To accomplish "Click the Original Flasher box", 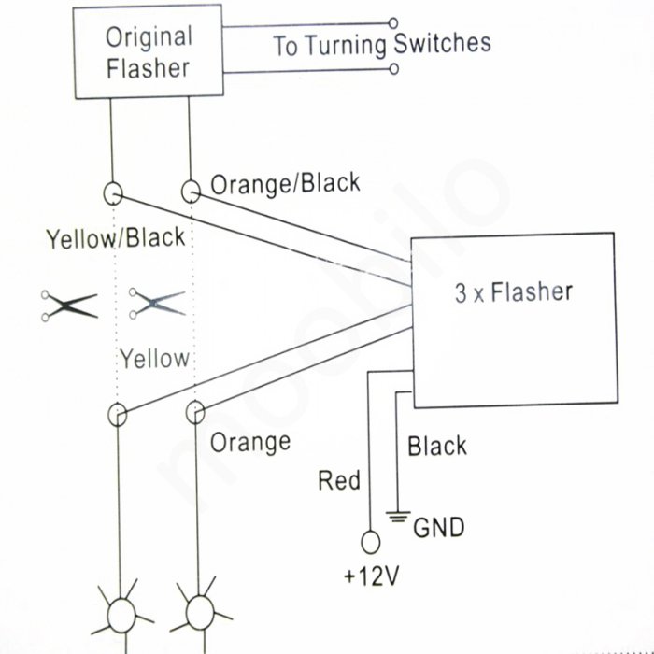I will click(149, 53).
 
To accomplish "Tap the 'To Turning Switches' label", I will click(381, 44).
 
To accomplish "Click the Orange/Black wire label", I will click(284, 183).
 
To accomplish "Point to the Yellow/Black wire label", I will click(115, 237).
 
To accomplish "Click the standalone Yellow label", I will click(154, 358).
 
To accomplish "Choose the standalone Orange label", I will click(249, 441).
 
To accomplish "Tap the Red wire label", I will click(338, 481).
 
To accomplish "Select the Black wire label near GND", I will click(436, 447).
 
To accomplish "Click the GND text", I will click(438, 528).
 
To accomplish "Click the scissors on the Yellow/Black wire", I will click(68, 306).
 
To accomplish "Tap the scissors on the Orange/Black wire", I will click(157, 302).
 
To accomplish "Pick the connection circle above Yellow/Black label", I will click(112, 193).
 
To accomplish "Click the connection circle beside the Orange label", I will click(194, 412).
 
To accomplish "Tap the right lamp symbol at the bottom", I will click(199, 612).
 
